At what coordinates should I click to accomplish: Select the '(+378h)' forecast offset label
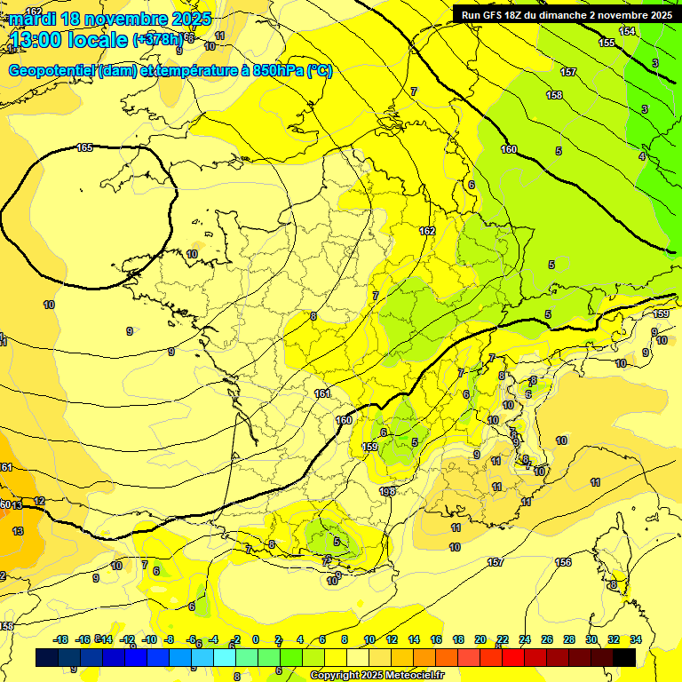[x=158, y=39]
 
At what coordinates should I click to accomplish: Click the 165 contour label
[x=84, y=147]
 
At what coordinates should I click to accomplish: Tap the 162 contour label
[x=427, y=231]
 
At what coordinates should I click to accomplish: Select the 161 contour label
[x=322, y=393]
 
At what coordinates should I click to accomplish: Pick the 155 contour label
[x=607, y=43]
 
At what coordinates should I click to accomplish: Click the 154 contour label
[x=627, y=31]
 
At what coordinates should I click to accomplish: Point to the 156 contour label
[x=563, y=562]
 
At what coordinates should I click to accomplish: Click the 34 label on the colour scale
[x=636, y=639]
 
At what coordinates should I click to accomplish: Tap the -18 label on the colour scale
[x=60, y=639]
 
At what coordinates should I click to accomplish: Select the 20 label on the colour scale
[x=480, y=639]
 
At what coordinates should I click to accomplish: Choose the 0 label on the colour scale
[x=255, y=639]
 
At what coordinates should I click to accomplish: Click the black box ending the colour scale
[x=624, y=657]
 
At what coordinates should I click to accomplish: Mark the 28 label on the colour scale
[x=570, y=639]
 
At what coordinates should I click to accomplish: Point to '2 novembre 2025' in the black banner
[x=630, y=14]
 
